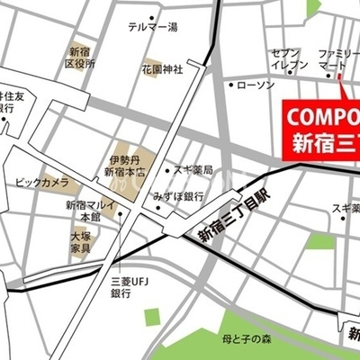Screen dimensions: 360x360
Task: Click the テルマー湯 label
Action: pos(153,29)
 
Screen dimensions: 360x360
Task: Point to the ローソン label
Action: pos(254,85)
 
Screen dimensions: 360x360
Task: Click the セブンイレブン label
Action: pos(291,59)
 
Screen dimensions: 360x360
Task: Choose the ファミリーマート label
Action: pos(339,59)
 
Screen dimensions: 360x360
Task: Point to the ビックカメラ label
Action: pos(41,183)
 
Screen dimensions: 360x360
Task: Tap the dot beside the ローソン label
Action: pos(229,85)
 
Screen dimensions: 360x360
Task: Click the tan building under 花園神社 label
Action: pos(150,87)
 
